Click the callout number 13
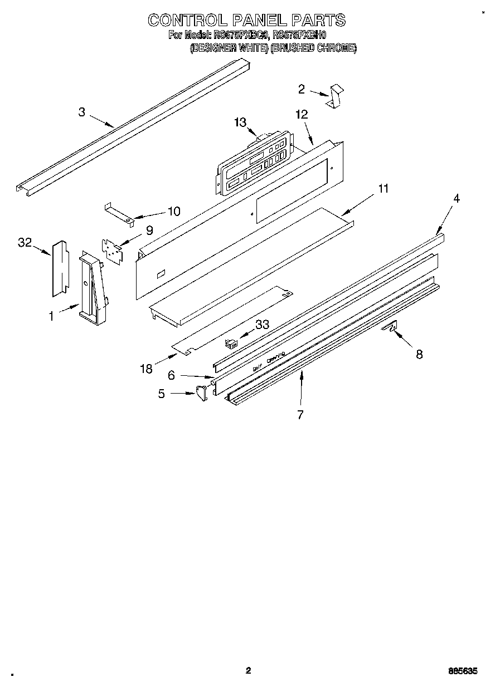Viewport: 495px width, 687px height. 240,122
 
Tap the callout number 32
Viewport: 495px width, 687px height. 25,242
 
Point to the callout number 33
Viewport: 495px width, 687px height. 263,324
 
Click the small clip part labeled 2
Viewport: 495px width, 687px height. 336,97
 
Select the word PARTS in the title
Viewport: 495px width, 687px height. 318,21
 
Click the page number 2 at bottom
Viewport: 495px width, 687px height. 249,670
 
